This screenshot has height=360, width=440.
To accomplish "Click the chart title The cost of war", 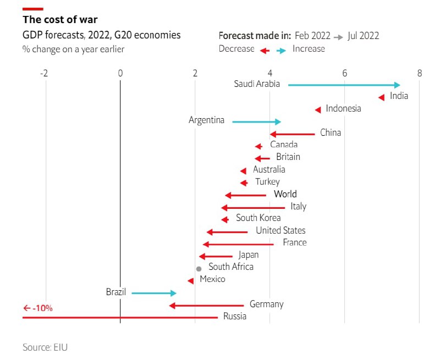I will [x=60, y=20].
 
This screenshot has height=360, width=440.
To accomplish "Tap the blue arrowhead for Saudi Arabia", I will [x=397, y=85].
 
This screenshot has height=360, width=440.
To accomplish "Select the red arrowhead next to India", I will [x=381, y=97].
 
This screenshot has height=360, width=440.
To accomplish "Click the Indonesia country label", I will [x=343, y=108].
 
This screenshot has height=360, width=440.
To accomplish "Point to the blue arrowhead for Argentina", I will [x=278, y=122].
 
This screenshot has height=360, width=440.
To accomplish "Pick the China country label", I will [x=331, y=132].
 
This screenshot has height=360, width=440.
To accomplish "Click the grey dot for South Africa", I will [x=199, y=269].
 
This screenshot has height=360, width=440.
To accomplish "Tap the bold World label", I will [x=285, y=194].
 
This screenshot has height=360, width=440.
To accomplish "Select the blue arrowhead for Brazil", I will [x=173, y=293].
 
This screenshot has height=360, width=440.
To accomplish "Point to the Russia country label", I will [x=235, y=316].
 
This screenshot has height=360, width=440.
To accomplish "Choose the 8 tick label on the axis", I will [x=419, y=73].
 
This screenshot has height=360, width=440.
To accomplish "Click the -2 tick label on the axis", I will [x=44, y=73].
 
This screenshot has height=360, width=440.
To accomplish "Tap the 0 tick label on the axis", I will [x=120, y=73].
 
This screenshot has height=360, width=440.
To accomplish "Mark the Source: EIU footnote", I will [x=45, y=347].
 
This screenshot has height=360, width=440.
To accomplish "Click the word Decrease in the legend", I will [x=237, y=49].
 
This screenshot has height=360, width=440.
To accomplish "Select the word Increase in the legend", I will [x=309, y=49].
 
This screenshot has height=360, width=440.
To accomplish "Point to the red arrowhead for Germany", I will [x=172, y=306].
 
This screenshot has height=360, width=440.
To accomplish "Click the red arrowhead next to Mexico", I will [x=191, y=281].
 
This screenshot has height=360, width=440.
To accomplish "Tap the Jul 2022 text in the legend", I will [x=363, y=36].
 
